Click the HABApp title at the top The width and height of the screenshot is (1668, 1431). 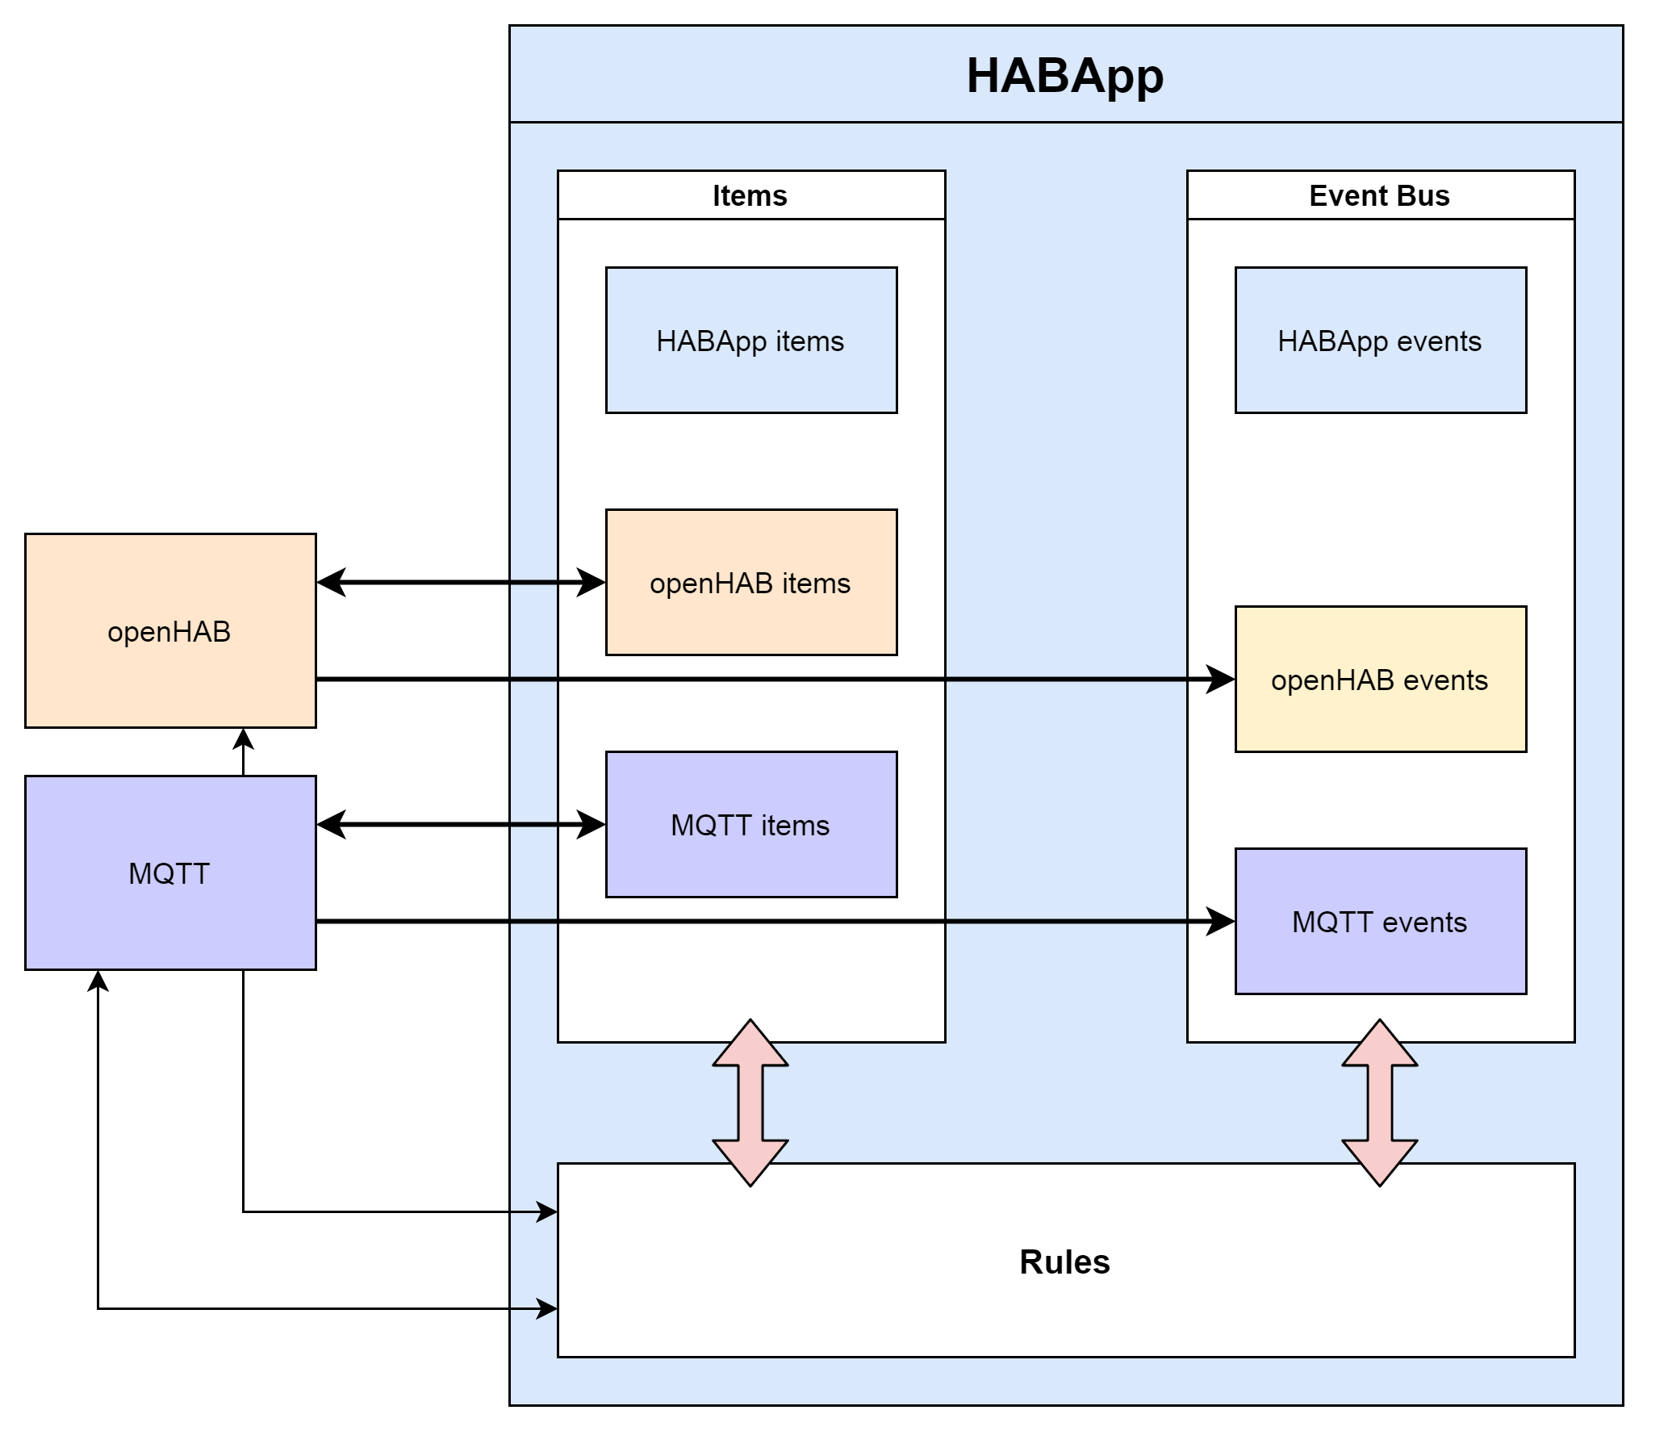click(1064, 76)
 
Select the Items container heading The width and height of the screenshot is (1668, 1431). click(750, 195)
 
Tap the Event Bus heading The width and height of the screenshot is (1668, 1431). click(1379, 195)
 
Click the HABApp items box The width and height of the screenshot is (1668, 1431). click(750, 341)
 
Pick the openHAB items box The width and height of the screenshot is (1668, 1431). click(750, 583)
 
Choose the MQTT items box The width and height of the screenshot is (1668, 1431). click(750, 825)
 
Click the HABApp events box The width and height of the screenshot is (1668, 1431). click(1380, 341)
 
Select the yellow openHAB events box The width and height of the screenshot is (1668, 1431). click(1380, 680)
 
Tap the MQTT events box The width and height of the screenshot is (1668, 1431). click(1380, 922)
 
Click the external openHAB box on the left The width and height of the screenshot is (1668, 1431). click(170, 631)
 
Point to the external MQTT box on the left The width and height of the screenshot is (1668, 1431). click(170, 873)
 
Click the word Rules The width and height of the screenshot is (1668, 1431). click(1064, 1262)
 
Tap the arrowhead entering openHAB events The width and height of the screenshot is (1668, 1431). click(1221, 680)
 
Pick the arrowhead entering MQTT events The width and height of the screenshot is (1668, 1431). click(1221, 921)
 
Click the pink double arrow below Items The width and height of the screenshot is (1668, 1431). click(750, 1103)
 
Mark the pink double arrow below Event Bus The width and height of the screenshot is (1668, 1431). click(1380, 1103)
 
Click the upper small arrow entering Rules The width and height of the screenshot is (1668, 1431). click(547, 1211)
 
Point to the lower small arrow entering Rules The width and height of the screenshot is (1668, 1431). click(547, 1308)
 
